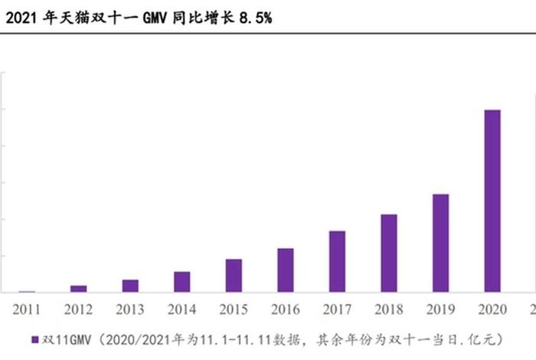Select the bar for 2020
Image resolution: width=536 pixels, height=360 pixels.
[x=493, y=201]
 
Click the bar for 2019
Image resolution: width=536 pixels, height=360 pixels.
[x=441, y=243]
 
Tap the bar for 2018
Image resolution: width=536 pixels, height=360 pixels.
[x=389, y=253]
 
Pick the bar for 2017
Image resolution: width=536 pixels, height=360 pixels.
[x=337, y=261]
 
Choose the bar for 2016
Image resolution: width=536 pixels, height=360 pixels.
[x=286, y=270]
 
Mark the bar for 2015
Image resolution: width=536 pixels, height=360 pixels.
[x=234, y=275]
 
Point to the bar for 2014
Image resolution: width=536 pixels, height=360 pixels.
[x=181, y=281]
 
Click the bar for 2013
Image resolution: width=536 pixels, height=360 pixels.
[x=130, y=285]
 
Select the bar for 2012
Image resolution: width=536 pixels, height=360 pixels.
[x=78, y=288]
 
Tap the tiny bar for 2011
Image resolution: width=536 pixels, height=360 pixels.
[x=27, y=291]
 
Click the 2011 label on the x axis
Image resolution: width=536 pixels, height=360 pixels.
[x=27, y=309]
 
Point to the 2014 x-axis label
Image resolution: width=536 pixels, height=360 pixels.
[x=181, y=309]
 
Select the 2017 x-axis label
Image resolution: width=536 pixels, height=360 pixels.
[x=337, y=309]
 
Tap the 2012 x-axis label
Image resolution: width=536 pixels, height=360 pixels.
[x=78, y=309]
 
